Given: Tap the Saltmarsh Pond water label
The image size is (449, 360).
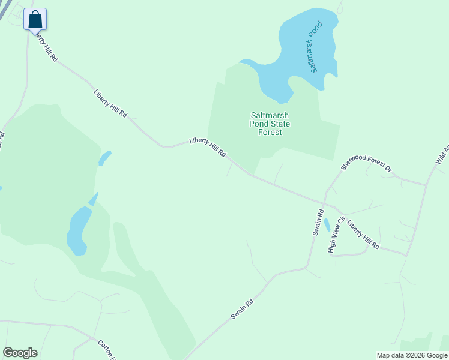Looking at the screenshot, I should [x=316, y=47].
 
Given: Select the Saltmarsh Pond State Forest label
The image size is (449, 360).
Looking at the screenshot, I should [x=270, y=124].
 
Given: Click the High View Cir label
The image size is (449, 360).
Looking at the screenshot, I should [x=335, y=235].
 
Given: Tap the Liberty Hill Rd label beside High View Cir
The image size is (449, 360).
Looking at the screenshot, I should [x=363, y=236].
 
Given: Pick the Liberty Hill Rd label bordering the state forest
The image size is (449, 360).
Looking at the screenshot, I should [x=208, y=147].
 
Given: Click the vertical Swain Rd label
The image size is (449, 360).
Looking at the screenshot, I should [x=318, y=222].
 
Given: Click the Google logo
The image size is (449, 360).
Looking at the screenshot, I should [x=20, y=353].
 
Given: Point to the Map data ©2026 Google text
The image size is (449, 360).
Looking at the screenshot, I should [x=411, y=355].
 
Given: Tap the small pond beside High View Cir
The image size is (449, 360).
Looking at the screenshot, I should [x=327, y=225].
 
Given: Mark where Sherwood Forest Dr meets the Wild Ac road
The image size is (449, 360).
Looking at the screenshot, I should [x=426, y=185].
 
